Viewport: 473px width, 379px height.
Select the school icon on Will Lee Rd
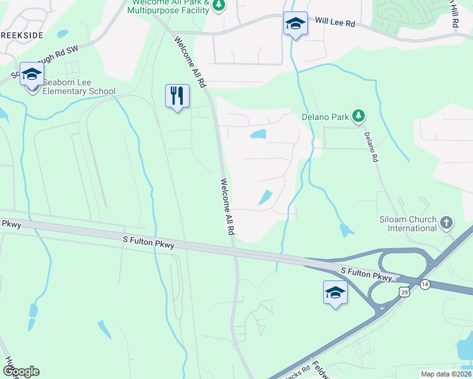(x=295, y=24)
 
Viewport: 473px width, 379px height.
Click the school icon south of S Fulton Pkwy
(x=335, y=292)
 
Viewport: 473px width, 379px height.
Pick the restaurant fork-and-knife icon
(x=177, y=96)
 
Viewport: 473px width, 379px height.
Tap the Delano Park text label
(x=325, y=117)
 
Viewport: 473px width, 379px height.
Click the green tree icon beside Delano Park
(x=359, y=116)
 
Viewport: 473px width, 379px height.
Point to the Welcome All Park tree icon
(x=219, y=6)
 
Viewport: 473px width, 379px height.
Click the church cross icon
(x=447, y=222)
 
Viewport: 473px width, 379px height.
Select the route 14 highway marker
(x=425, y=285)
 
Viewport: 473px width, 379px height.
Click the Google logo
(x=20, y=371)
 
